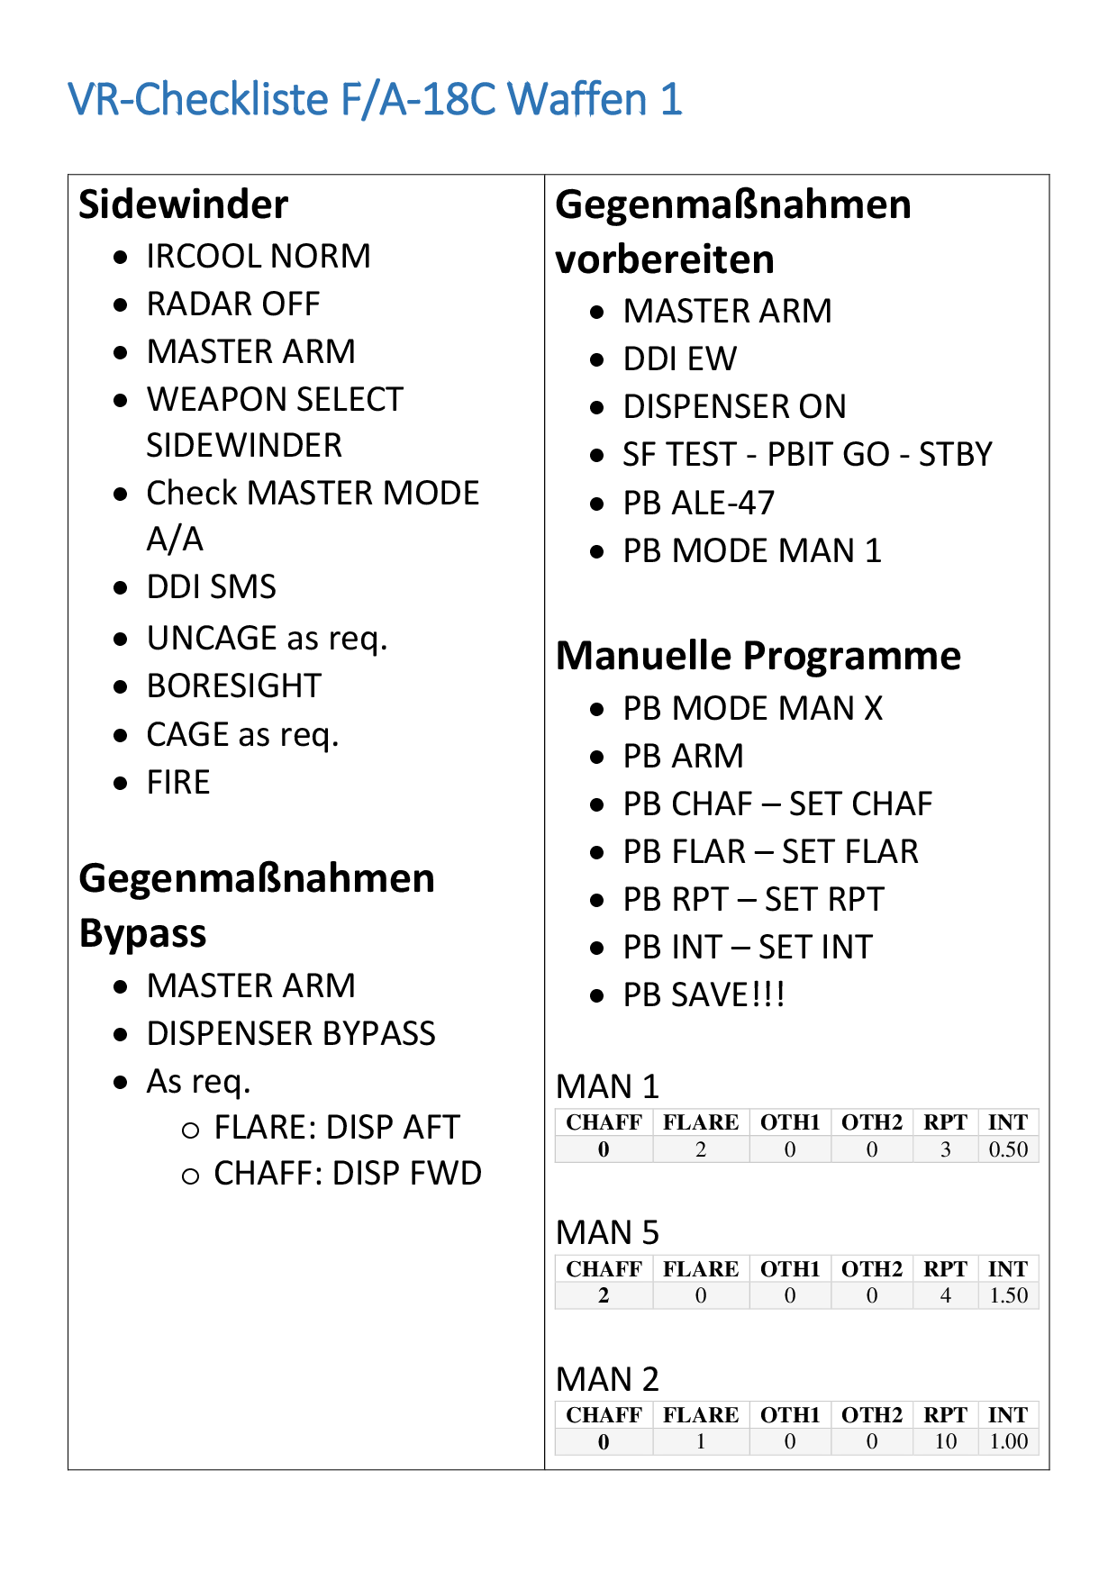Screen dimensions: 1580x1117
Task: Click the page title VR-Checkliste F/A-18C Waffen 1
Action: pyautogui.click(x=375, y=99)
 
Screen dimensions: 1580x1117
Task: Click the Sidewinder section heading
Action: pyautogui.click(x=183, y=204)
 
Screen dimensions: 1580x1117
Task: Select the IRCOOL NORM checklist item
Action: pyautogui.click(x=259, y=257)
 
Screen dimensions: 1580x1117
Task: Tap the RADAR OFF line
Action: pyautogui.click(x=233, y=304)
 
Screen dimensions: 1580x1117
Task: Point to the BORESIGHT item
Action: pyautogui.click(x=234, y=686)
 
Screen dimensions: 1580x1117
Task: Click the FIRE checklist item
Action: pyautogui.click(x=178, y=783)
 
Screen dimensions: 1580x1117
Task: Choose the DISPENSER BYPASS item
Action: pyautogui.click(x=291, y=1034)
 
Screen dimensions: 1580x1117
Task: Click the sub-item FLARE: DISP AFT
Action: pyautogui.click(x=337, y=1128)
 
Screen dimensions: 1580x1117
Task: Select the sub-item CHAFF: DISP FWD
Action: pyautogui.click(x=348, y=1174)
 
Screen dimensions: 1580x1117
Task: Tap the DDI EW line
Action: pyautogui.click(x=680, y=359)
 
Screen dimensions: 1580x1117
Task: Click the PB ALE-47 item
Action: pyautogui.click(x=699, y=504)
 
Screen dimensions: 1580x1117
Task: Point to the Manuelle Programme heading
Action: pyautogui.click(x=758, y=656)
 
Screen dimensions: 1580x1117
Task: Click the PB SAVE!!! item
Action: pyautogui.click(x=704, y=995)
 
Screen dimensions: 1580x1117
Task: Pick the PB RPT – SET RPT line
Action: pyautogui.click(x=754, y=900)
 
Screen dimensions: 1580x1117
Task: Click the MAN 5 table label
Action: pyautogui.click(x=608, y=1232)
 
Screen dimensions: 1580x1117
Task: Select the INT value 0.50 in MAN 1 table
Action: pyautogui.click(x=1008, y=1149)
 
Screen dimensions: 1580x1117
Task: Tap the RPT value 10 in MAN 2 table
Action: pyautogui.click(x=945, y=1441)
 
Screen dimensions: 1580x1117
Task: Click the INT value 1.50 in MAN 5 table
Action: pyautogui.click(x=1008, y=1295)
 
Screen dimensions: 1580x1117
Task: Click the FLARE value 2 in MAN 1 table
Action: pyautogui.click(x=701, y=1149)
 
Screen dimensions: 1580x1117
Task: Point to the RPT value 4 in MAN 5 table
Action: pyautogui.click(x=945, y=1295)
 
